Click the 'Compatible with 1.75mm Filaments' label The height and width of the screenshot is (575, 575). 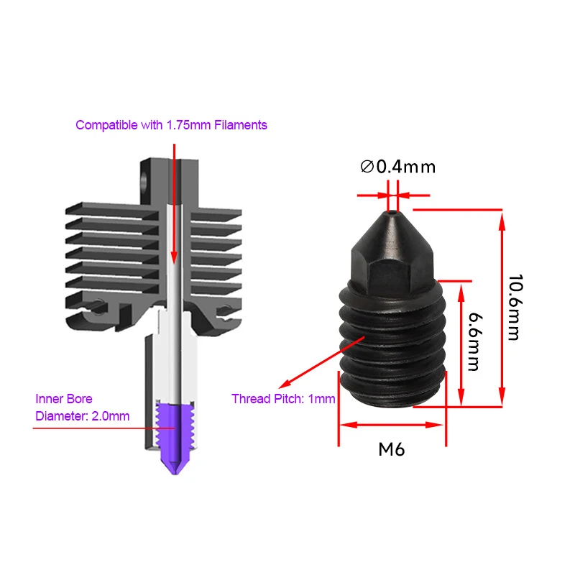click(171, 125)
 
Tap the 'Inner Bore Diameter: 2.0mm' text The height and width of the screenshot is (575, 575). click(83, 407)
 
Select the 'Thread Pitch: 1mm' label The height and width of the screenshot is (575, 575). click(283, 399)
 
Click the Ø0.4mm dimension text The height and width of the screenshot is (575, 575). click(397, 167)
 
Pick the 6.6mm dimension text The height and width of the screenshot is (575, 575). click(472, 341)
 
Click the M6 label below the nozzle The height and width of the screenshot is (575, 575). click(392, 451)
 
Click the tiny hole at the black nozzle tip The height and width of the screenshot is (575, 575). click(392, 213)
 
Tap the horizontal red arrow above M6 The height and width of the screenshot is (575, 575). click(392, 425)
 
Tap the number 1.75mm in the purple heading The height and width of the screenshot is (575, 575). click(188, 125)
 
